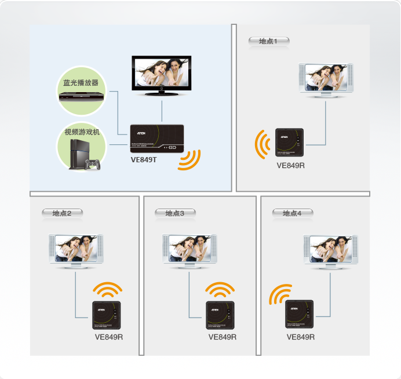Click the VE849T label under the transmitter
pyautogui.click(x=144, y=159)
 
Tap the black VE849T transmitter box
pyautogui.click(x=156, y=139)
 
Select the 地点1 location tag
pyautogui.click(x=268, y=41)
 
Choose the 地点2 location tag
pyautogui.click(x=61, y=213)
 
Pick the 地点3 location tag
pyautogui.click(x=174, y=213)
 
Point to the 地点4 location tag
pyautogui.click(x=292, y=213)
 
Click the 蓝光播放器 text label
pyautogui.click(x=81, y=83)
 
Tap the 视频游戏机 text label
pyautogui.click(x=82, y=132)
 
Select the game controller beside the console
pyautogui.click(x=93, y=165)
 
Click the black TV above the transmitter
pyautogui.click(x=162, y=75)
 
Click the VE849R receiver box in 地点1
pyautogui.click(x=290, y=143)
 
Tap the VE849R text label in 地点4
pyautogui.click(x=301, y=337)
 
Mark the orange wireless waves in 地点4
pyautogui.click(x=280, y=295)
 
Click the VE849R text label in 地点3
pyautogui.click(x=223, y=337)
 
